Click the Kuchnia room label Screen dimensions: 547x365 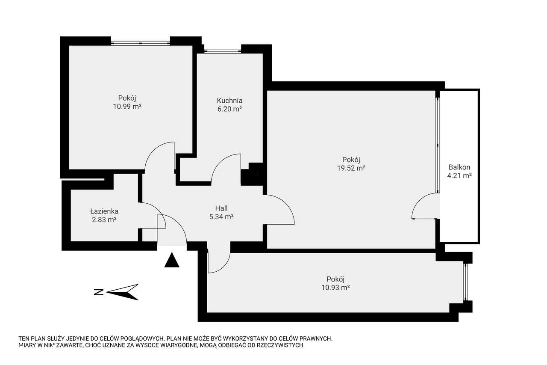point(229,101)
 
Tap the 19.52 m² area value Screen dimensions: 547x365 point(351,168)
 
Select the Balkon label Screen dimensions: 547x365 point(459,167)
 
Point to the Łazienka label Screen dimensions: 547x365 point(104,211)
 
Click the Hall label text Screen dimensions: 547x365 point(221,208)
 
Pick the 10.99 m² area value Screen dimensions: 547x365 point(127,107)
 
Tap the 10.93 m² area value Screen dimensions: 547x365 point(335,288)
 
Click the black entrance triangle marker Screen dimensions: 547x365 point(172,260)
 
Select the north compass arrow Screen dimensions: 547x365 point(122,292)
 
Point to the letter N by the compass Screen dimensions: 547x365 point(99,292)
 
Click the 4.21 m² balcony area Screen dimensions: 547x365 point(459,175)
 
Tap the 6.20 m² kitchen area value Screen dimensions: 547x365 point(229,109)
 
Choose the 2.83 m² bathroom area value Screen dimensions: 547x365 point(104,220)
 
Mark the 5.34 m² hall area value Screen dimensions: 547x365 point(221,217)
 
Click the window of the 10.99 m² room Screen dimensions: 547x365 point(141,43)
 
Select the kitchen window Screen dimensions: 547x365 point(223,51)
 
